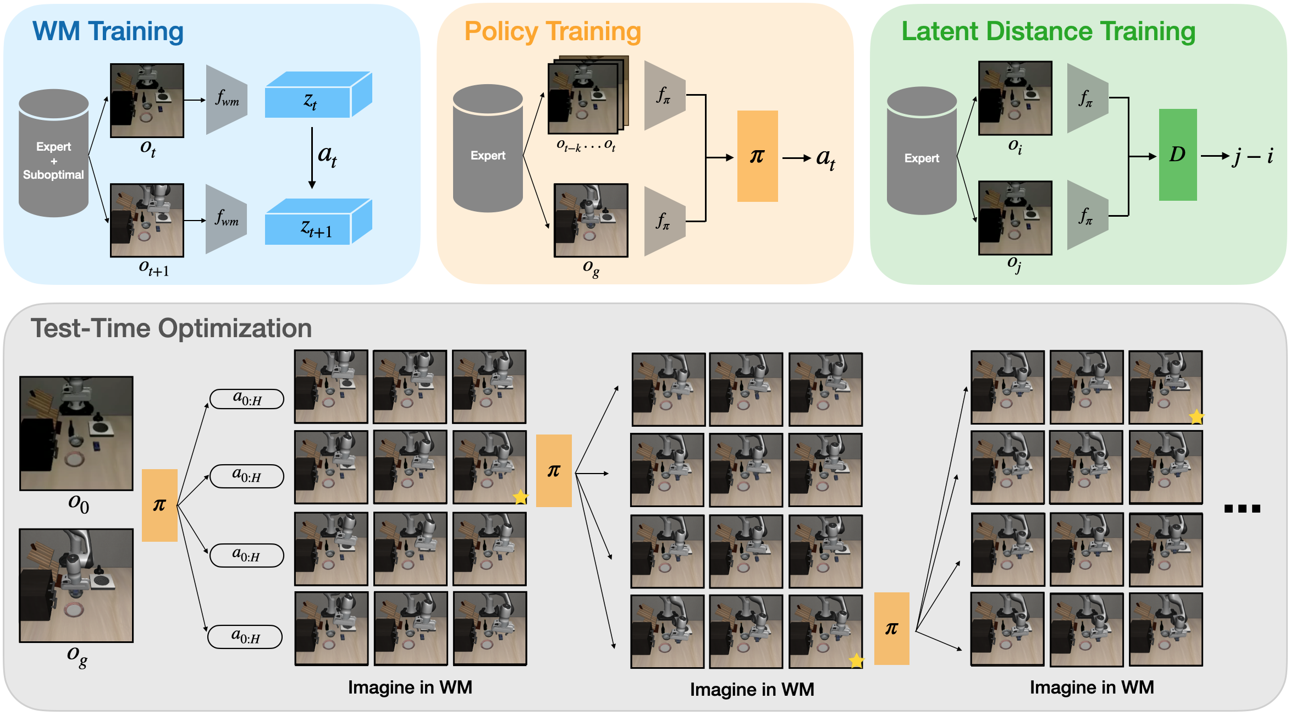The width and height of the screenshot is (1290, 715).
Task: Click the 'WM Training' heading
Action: [108, 31]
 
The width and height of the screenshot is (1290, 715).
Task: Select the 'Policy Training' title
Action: [553, 31]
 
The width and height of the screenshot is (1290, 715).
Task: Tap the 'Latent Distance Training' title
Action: [1048, 31]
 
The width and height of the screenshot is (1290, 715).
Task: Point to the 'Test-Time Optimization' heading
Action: [171, 328]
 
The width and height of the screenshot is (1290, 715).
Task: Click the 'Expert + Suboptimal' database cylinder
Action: [53, 154]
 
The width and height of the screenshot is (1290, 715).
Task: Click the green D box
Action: [1177, 155]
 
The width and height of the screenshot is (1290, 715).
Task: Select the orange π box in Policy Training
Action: [757, 156]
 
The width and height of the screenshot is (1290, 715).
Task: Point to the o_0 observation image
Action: [76, 433]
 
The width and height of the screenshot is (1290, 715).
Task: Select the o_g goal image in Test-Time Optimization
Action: [76, 586]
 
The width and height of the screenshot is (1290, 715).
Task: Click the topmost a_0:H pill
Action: [247, 399]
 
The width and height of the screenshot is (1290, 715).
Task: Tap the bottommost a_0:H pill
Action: [245, 637]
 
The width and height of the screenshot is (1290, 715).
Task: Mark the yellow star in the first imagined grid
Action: [520, 497]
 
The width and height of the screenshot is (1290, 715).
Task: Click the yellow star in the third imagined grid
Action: [1196, 417]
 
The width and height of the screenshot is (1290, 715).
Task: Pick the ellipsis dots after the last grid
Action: [1242, 509]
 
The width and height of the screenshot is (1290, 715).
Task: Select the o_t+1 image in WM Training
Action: [147, 221]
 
